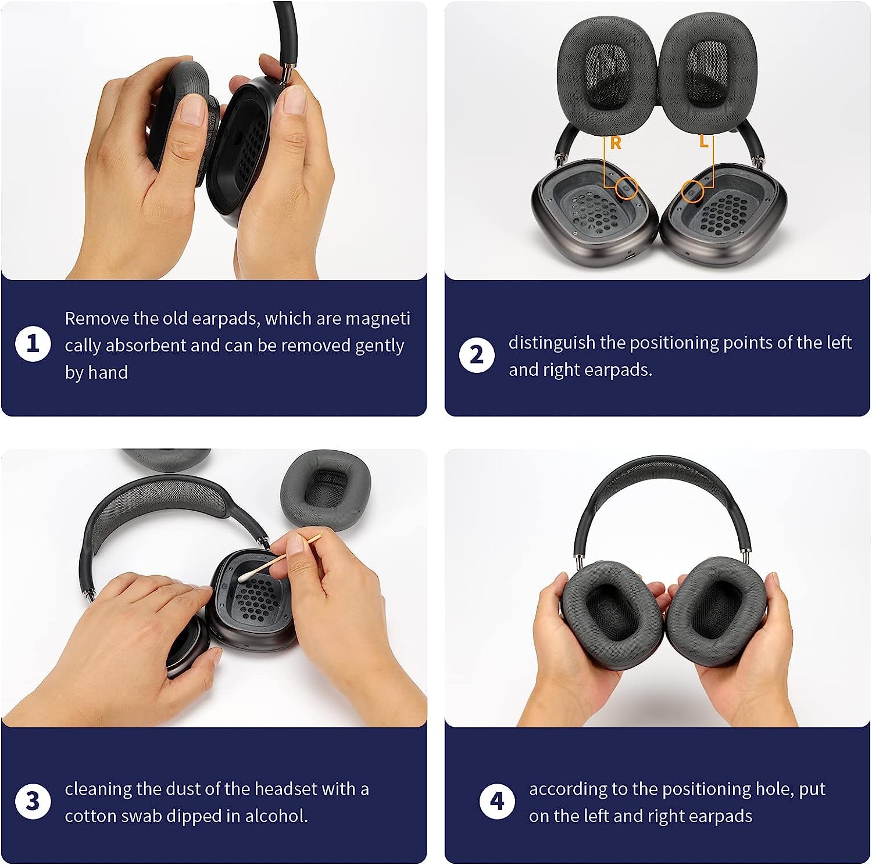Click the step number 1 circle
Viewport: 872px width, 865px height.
pos(33,343)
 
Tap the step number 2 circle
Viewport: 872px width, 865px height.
pos(477,355)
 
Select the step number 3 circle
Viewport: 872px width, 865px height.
pos(33,801)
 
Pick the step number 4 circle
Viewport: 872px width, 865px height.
pos(497,801)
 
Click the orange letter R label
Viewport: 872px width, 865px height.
pos(616,143)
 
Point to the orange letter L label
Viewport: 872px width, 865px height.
pos(704,142)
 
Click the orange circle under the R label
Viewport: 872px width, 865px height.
pos(627,188)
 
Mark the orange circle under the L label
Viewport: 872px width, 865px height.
pos(692,191)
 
